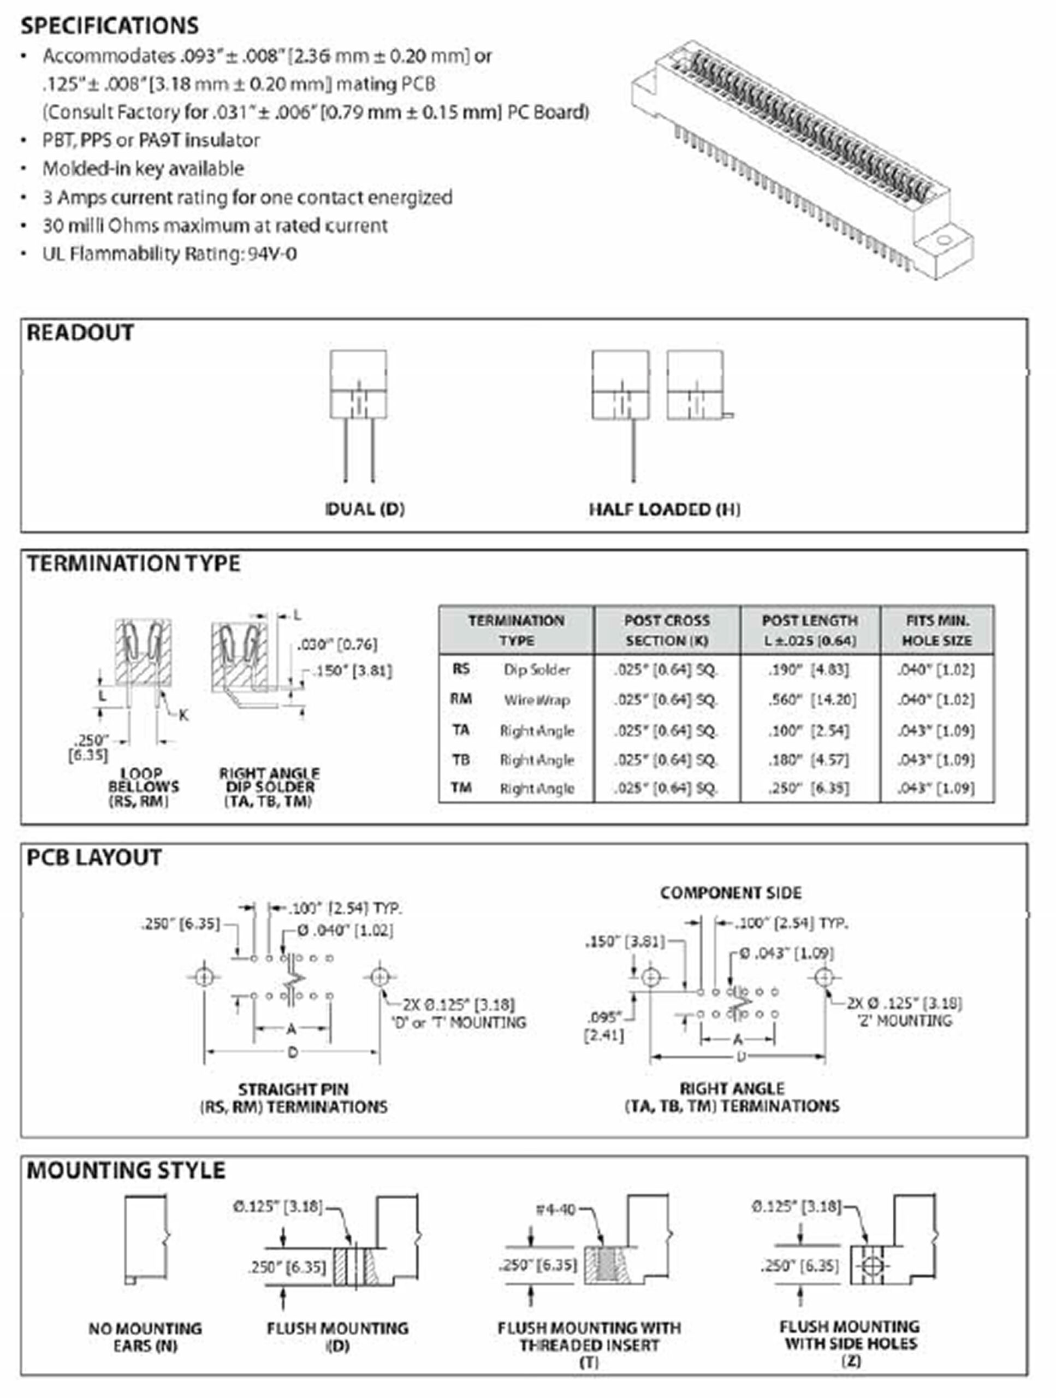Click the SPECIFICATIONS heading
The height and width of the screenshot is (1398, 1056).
109,26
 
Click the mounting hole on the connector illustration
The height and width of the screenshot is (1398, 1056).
943,240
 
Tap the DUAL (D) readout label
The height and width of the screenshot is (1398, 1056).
365,509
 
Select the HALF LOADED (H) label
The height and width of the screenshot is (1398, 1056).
664,510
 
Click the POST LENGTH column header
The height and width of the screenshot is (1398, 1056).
810,630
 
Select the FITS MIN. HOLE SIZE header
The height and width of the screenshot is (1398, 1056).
936,630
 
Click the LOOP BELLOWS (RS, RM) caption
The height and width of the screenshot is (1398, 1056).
143,787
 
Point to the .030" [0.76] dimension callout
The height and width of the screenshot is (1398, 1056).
337,644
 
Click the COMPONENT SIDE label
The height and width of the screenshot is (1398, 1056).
731,893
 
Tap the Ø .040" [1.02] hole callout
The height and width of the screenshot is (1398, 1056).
345,931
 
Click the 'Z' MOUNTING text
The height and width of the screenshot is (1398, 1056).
904,1021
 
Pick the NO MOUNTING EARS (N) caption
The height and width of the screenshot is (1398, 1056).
145,1337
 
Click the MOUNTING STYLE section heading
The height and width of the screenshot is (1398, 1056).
126,1170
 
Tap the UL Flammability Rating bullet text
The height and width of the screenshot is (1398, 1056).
169,254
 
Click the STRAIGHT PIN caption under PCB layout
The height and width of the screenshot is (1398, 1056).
293,1089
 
